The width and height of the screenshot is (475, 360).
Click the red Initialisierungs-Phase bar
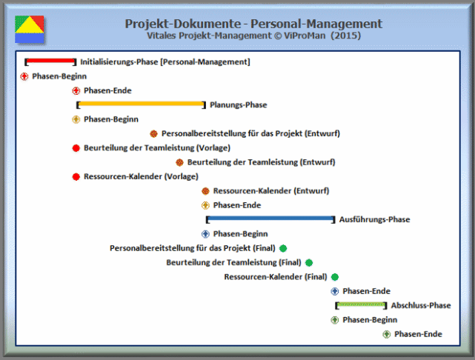point(50,61)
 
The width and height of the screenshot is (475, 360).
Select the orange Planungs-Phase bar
point(140,104)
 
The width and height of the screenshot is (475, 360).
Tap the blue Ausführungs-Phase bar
point(270,219)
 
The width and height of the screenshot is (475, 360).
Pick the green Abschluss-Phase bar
point(360,305)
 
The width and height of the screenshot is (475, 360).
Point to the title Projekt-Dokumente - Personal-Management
point(254,24)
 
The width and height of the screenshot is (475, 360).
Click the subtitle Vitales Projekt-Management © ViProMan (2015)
point(254,36)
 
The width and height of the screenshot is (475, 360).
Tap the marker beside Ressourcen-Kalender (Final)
point(335,277)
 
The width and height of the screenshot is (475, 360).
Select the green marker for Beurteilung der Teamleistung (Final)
point(309,262)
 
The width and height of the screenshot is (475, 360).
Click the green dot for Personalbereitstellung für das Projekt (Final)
point(283,248)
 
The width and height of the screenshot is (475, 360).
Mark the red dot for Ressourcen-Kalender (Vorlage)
point(76,176)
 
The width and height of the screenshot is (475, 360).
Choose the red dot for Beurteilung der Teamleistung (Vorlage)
point(76,147)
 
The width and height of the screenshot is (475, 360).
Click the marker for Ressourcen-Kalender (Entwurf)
point(205,191)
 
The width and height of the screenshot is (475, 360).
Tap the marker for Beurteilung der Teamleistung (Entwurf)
point(179,162)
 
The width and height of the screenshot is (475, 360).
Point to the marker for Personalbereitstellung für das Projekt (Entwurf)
point(153,133)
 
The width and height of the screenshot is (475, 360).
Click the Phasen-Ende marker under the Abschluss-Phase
point(386,334)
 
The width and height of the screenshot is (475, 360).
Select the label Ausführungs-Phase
point(374,219)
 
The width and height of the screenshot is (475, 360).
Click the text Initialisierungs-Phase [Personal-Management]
point(165,61)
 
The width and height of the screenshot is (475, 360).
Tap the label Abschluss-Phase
point(420,305)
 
